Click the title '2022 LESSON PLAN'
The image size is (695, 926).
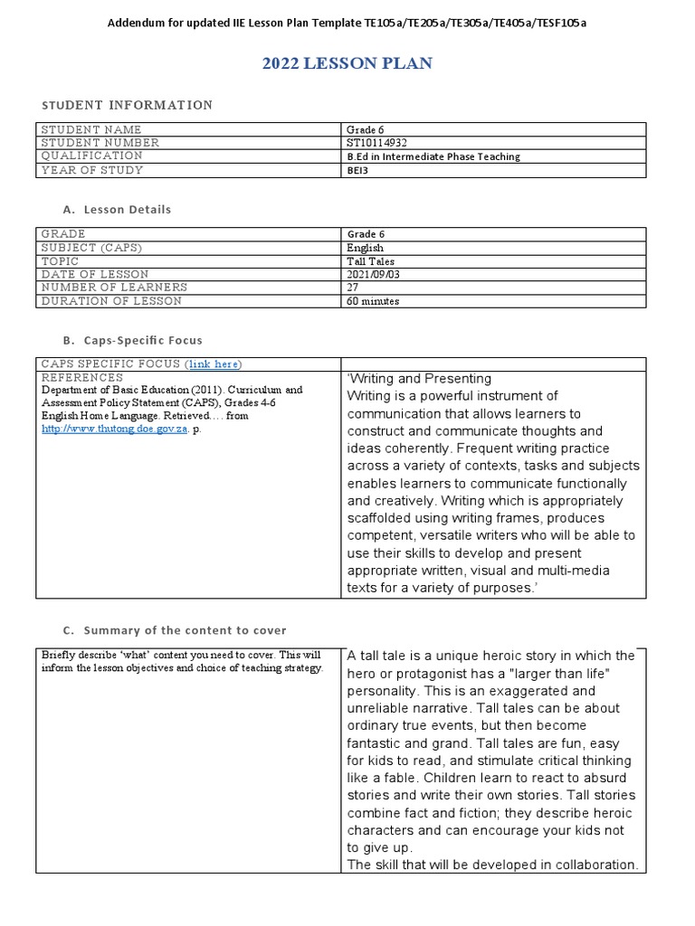pos(347,63)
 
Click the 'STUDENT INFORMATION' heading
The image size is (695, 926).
pos(129,105)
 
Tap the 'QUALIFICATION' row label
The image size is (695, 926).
pos(91,156)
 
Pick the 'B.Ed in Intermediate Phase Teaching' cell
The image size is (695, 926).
pos(433,156)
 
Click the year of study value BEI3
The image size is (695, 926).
pos(358,170)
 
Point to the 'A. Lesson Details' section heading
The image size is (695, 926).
pos(115,209)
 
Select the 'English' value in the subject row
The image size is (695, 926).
pos(365,248)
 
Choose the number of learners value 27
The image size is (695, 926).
pos(354,288)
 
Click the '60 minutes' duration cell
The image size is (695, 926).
pos(373,301)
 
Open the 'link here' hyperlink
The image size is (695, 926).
pos(213,364)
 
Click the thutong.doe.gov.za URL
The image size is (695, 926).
pos(115,430)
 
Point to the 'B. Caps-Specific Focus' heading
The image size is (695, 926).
pos(132,340)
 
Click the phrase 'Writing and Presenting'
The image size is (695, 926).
pos(420,379)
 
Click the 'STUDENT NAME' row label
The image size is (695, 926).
pos(91,129)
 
